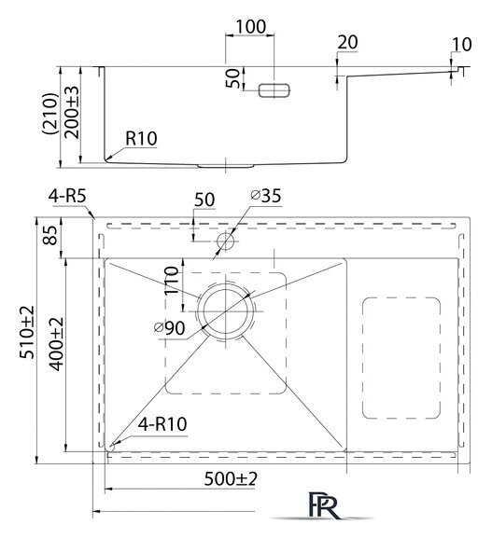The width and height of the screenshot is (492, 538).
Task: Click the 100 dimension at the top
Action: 250,26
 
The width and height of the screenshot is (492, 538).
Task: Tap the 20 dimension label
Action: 347,42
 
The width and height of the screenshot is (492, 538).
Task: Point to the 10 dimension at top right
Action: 461,45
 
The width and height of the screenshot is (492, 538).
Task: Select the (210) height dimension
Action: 49,113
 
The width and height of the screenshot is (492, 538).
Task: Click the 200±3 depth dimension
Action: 72,112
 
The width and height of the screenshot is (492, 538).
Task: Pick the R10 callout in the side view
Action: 141,138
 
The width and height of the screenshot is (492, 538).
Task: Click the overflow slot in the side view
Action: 274,90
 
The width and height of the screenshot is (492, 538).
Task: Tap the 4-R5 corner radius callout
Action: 67,197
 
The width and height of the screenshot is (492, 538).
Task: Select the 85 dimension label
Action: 50,235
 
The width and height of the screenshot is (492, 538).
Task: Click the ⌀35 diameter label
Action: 265,196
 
